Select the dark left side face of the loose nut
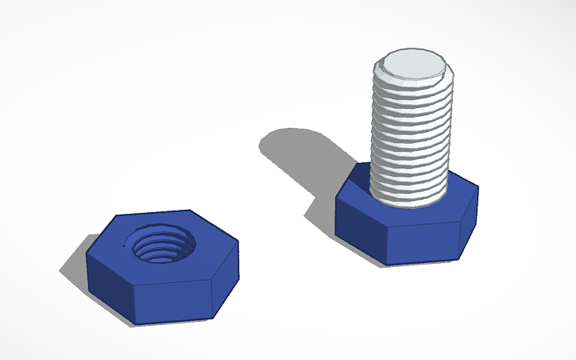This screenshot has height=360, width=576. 110,277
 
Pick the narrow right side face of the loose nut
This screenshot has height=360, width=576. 227,278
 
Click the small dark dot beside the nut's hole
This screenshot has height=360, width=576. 123,247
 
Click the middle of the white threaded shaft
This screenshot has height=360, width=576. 412,135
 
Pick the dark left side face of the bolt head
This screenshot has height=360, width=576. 360,222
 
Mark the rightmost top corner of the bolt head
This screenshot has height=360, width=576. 478,188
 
